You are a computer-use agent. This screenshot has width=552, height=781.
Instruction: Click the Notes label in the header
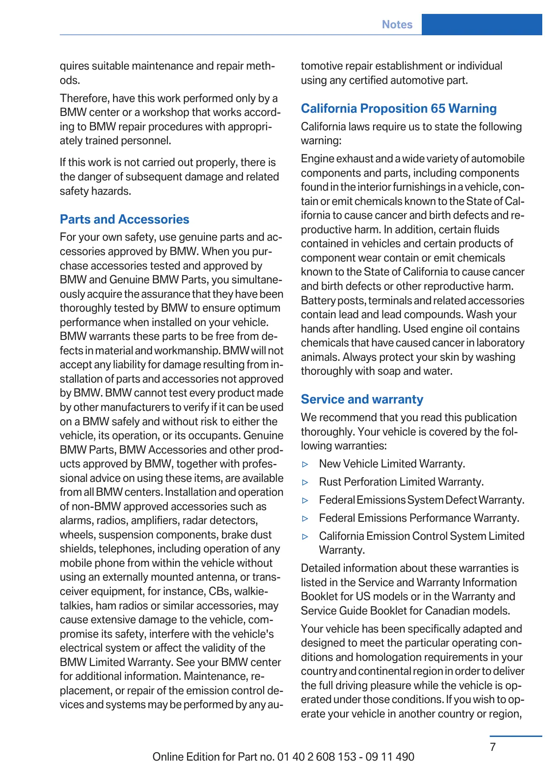coord(397,25)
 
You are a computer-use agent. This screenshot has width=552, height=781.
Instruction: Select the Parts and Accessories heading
coord(124,219)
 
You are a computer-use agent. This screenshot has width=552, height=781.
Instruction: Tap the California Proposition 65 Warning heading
coord(399,109)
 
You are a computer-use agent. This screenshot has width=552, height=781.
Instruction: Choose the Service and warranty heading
coord(362,399)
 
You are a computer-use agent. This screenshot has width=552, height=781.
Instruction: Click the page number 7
coord(493,747)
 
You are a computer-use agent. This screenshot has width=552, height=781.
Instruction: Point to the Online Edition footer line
coord(283,757)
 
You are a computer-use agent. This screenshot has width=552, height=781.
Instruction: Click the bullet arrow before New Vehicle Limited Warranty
coord(305,464)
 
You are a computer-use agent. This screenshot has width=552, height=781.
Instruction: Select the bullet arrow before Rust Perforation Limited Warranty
coord(305,482)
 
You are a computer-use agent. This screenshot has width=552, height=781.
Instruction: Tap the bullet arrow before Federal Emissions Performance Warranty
coord(305,519)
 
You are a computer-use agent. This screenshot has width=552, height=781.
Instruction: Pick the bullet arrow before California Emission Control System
coord(305,537)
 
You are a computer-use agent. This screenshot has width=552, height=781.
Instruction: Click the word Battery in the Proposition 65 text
coord(318,301)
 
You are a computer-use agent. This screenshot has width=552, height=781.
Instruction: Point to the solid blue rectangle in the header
coord(482,24)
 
